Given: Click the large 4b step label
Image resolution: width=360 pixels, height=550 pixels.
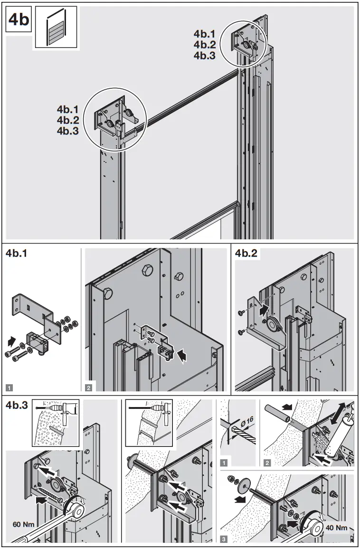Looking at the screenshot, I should pyautogui.click(x=18, y=21).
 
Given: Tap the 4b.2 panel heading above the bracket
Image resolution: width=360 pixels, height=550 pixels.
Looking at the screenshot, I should pyautogui.click(x=246, y=254).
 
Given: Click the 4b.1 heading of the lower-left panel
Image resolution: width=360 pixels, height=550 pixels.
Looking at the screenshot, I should pyautogui.click(x=17, y=254).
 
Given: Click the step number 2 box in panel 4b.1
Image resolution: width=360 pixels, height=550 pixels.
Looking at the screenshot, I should pyautogui.click(x=89, y=385).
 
